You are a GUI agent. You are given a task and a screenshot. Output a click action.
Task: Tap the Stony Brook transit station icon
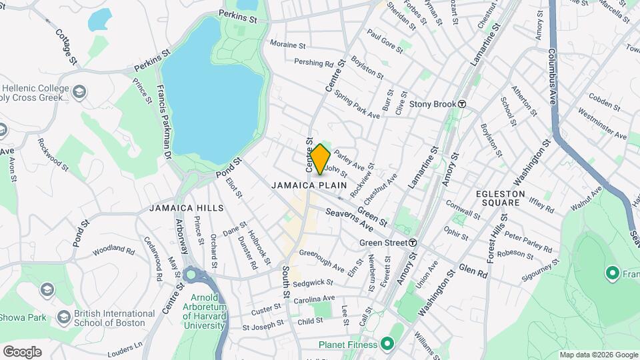coord(461,104)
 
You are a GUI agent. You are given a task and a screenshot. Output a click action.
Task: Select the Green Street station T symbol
coord(413,243)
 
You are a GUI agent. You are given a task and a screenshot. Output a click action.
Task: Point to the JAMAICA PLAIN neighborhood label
coord(307,185)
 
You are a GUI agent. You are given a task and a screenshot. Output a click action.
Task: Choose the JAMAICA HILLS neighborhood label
coord(186,208)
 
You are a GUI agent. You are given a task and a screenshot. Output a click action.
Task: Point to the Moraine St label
coord(287,46)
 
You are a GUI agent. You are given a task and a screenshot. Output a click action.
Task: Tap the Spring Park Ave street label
coord(357,105)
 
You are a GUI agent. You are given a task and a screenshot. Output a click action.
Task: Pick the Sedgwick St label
coord(312,283)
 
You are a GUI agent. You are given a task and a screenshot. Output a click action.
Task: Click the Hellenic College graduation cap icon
coord(79,91)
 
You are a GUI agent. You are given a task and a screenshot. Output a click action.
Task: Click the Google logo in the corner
coord(22,351)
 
